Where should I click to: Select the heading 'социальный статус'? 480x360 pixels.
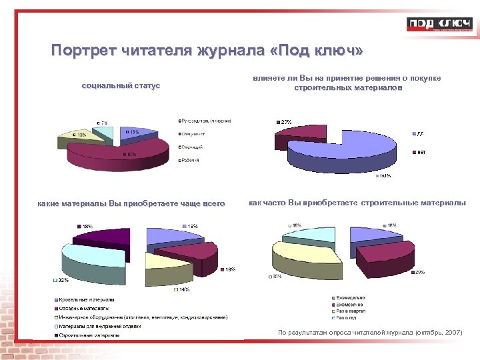click(x=121, y=86)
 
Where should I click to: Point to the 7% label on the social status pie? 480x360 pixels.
click(x=104, y=123)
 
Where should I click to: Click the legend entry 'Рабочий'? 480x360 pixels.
click(x=191, y=161)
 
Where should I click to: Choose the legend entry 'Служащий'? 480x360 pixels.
click(x=193, y=147)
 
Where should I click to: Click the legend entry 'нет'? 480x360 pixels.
click(x=421, y=152)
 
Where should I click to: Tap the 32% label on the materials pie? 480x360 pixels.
click(x=61, y=281)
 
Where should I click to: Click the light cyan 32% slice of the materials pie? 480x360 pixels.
click(x=93, y=260)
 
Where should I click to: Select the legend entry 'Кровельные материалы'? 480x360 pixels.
click(x=87, y=300)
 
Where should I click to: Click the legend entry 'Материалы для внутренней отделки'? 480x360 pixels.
click(x=101, y=326)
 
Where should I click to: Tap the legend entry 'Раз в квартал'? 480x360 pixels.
click(x=351, y=311)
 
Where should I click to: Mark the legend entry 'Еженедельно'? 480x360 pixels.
click(x=350, y=297)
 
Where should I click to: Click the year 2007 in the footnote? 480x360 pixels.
click(x=453, y=332)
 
